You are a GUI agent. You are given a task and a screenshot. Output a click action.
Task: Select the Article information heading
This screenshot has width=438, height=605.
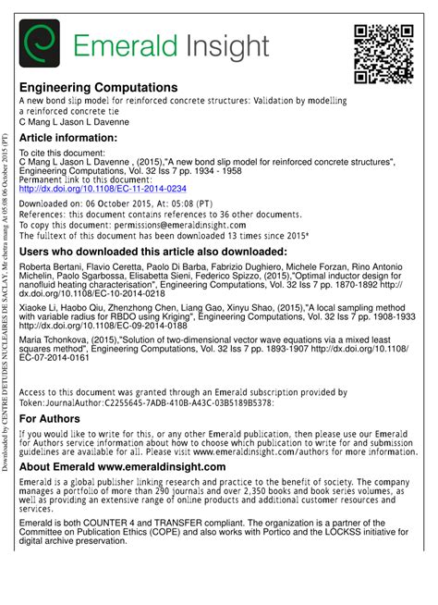tap(68, 137)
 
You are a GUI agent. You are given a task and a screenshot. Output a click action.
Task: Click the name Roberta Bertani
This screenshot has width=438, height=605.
tap(50, 267)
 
